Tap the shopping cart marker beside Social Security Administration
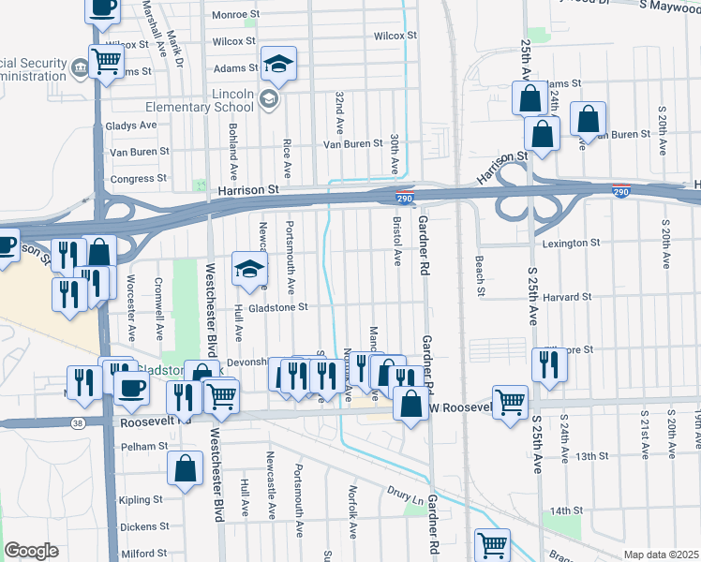point(107,63)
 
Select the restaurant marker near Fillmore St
point(549,363)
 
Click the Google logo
point(31,551)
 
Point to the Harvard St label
point(566,297)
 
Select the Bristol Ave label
point(397,242)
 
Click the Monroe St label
point(234,15)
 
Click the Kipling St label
point(142,500)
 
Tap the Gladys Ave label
point(131,126)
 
